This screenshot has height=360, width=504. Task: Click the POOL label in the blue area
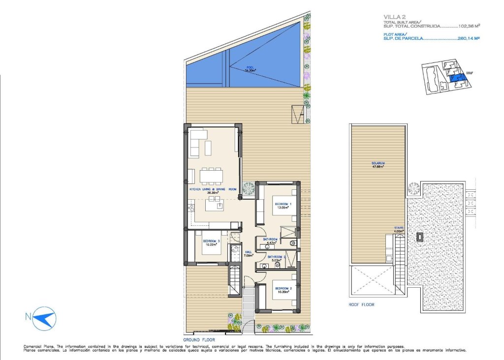point(251,68)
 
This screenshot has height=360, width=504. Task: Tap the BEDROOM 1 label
point(283,204)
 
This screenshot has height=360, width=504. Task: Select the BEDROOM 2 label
point(283,288)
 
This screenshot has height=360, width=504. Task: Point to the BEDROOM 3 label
point(211,241)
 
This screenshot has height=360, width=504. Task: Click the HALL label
point(249,252)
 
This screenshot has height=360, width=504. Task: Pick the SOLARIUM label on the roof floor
point(378,163)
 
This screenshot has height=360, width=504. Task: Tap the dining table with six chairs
point(211,175)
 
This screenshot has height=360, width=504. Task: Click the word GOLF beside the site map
point(477,75)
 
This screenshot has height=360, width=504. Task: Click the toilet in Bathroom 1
point(294,242)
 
